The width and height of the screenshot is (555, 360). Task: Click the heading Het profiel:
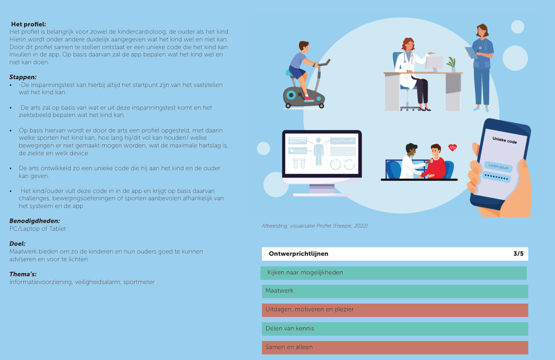[29, 24]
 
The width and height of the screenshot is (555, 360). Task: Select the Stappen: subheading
[23, 77]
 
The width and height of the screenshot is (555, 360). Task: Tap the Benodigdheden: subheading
[35, 221]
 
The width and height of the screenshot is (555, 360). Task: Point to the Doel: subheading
[17, 244]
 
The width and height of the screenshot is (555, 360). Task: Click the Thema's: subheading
[23, 274]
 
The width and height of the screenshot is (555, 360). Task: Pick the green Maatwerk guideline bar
[395, 292]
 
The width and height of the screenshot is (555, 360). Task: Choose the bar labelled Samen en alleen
[395, 348]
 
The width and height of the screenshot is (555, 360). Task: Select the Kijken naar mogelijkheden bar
[394, 273]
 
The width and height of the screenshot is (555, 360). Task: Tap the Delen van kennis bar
[395, 329]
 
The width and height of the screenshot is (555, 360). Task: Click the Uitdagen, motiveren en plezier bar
[395, 310]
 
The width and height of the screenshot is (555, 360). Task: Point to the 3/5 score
[518, 254]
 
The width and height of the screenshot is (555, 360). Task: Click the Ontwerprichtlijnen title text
[298, 254]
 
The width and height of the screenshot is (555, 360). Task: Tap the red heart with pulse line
[453, 148]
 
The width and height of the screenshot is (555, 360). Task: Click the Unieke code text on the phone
[505, 140]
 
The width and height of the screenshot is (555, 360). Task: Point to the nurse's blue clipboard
[471, 52]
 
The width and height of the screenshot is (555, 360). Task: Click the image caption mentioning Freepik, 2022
[315, 226]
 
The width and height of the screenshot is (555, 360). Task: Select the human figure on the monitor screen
[318, 152]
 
